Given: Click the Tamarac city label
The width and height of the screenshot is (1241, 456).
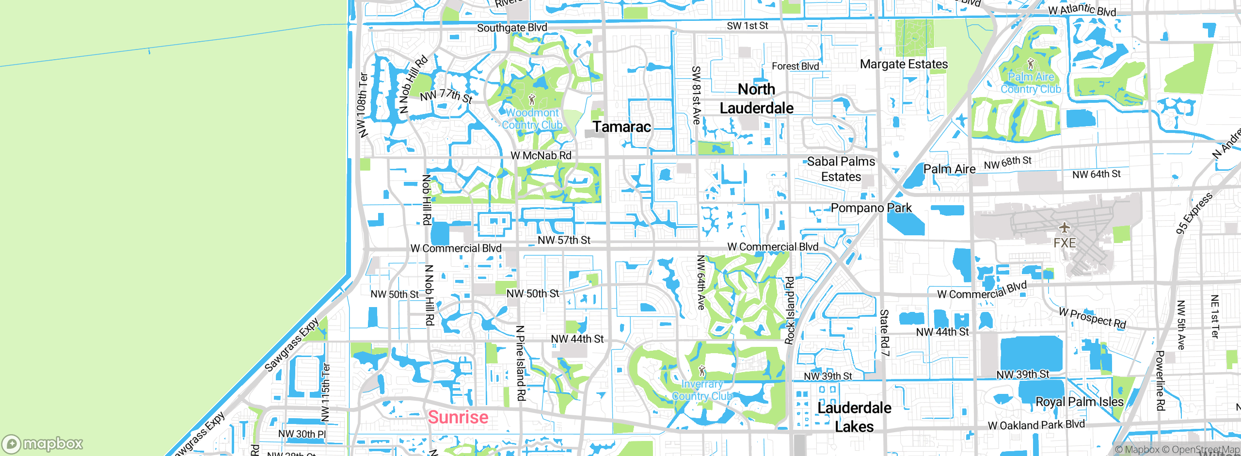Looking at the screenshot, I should coord(621,127).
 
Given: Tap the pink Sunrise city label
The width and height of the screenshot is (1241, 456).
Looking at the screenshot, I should coord(458,417).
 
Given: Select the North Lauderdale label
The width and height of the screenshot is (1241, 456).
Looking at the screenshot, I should coord(756,98).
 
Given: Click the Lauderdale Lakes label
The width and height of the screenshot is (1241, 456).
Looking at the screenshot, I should coord(854,417).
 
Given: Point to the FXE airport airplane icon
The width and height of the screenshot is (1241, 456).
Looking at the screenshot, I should coord(1064,227).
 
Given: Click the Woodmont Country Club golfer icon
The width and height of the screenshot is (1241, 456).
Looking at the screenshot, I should coord(532,100).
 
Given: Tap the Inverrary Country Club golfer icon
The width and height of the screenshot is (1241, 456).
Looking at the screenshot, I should coord(702,372).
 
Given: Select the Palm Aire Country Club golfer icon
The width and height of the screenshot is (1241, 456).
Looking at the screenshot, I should coord(1031,64).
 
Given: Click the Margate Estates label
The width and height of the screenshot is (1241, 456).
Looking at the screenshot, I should coord(904,64).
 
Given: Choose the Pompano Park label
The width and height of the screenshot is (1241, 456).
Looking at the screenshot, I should coord(871,208).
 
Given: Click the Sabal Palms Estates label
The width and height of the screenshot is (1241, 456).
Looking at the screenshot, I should coord(841,169).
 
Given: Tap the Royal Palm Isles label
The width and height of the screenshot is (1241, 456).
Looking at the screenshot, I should coord(1079,402).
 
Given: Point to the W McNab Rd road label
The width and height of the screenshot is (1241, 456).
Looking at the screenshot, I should coord(541,156).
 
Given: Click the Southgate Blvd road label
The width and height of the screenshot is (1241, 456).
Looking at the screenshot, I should coord(512,28).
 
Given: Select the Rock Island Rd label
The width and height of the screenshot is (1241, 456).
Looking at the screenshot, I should coord(790,310).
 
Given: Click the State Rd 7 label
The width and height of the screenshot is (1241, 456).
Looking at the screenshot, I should coord(884,333).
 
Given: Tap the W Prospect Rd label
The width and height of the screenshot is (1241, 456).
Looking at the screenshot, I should coord(1092,318).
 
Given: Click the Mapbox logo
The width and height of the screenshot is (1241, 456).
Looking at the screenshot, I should coord(43,444).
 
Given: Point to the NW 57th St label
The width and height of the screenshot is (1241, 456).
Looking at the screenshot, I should coord(564,240).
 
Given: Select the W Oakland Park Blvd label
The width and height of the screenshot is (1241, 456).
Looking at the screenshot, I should coord(1036,425).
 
